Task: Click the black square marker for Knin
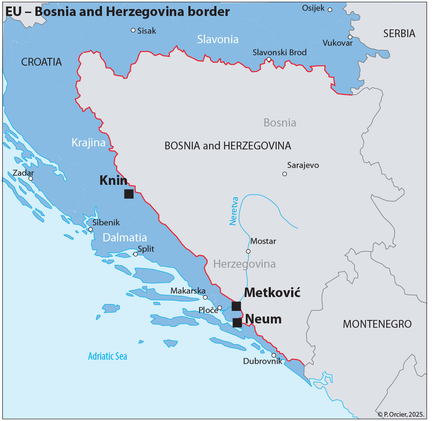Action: [x=129, y=194]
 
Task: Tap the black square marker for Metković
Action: [x=236, y=306]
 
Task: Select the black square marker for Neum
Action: [x=237, y=323]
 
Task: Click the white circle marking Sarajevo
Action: [x=285, y=174]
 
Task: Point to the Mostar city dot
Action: [x=248, y=251]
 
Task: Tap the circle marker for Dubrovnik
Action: [x=274, y=355]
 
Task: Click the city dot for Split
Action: [x=136, y=254]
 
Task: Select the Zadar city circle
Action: [x=31, y=178]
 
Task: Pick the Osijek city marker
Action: [x=330, y=9]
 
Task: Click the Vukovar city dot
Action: [x=350, y=37]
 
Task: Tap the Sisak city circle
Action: [x=133, y=30]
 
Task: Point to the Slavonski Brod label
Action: [x=280, y=52]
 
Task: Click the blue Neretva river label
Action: [x=234, y=212]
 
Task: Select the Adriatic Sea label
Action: [x=108, y=356]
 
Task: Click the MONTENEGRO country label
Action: [x=377, y=324]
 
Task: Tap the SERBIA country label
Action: [x=399, y=34]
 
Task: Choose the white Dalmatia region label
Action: [x=125, y=237]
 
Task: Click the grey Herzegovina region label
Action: [x=245, y=264]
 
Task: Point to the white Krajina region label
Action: [x=89, y=142]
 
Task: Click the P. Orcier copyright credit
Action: [x=401, y=414]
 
